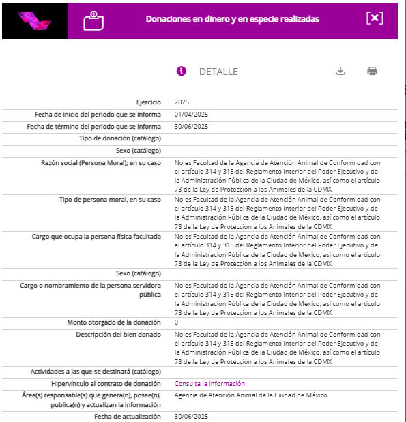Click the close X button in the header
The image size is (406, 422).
375,18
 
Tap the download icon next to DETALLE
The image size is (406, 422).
340,71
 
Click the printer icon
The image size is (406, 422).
372,71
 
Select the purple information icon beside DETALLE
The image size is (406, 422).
182,71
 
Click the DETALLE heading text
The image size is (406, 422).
218,72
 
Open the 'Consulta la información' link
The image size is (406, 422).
209,384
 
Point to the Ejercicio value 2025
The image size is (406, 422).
182,102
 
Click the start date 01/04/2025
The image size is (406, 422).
191,115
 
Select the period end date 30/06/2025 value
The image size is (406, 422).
191,127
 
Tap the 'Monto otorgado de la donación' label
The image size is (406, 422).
114,322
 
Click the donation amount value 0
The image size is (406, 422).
177,322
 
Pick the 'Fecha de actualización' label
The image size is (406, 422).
128,416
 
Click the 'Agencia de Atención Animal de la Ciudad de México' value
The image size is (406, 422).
250,395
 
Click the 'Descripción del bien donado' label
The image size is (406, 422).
119,335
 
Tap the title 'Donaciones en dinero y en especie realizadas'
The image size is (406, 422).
232,19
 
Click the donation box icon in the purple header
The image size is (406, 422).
93,20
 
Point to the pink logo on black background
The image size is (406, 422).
35,20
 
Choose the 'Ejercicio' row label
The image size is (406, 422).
149,102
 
